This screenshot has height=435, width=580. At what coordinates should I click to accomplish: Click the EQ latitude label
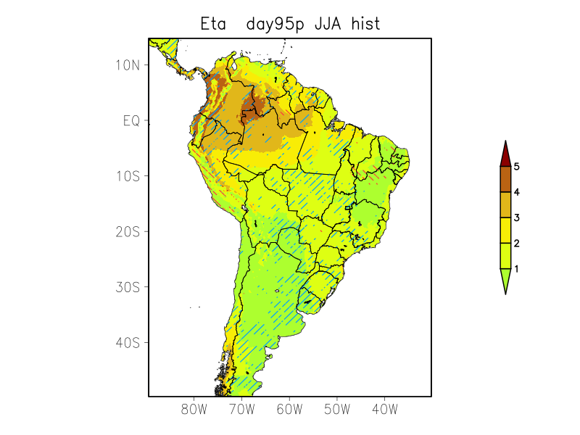click(x=131, y=120)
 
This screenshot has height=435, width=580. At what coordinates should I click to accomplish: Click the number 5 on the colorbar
click(x=516, y=167)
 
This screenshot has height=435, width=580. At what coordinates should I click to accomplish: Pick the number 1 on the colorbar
click(x=516, y=269)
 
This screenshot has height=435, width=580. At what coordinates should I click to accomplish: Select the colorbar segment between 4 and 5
click(x=505, y=179)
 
